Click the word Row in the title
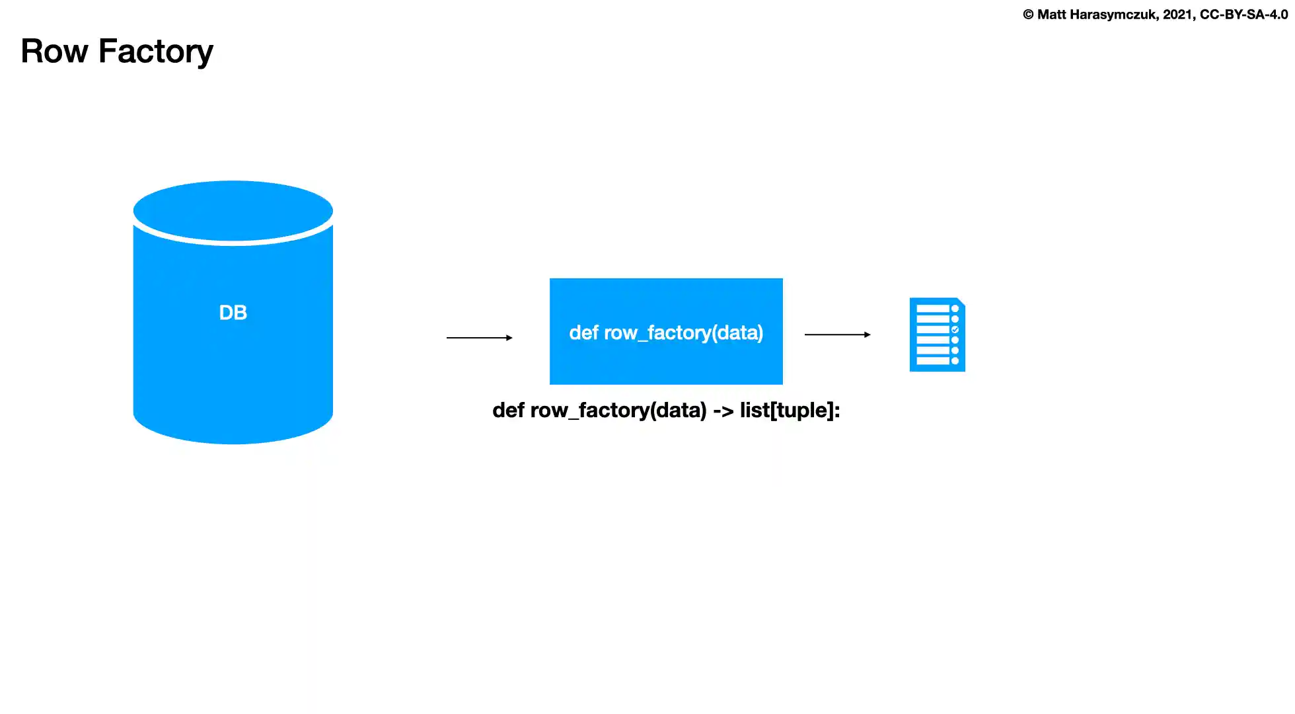tap(54, 52)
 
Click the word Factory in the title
tap(156, 52)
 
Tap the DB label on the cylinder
tap(233, 313)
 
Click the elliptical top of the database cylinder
tap(233, 210)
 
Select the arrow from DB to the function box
tap(479, 338)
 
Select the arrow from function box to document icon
tap(837, 335)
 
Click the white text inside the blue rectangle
tap(666, 333)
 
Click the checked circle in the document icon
tap(955, 329)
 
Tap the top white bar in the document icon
tap(932, 309)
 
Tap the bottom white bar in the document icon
tap(932, 361)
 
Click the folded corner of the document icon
tap(961, 301)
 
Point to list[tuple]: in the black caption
tap(790, 411)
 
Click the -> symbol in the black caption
tap(723, 411)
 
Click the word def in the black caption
tap(508, 411)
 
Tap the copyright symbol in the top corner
tap(1028, 15)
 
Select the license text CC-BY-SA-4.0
tap(1243, 15)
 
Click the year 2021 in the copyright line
tap(1178, 15)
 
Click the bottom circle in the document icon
tap(955, 361)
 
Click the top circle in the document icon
tap(955, 309)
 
